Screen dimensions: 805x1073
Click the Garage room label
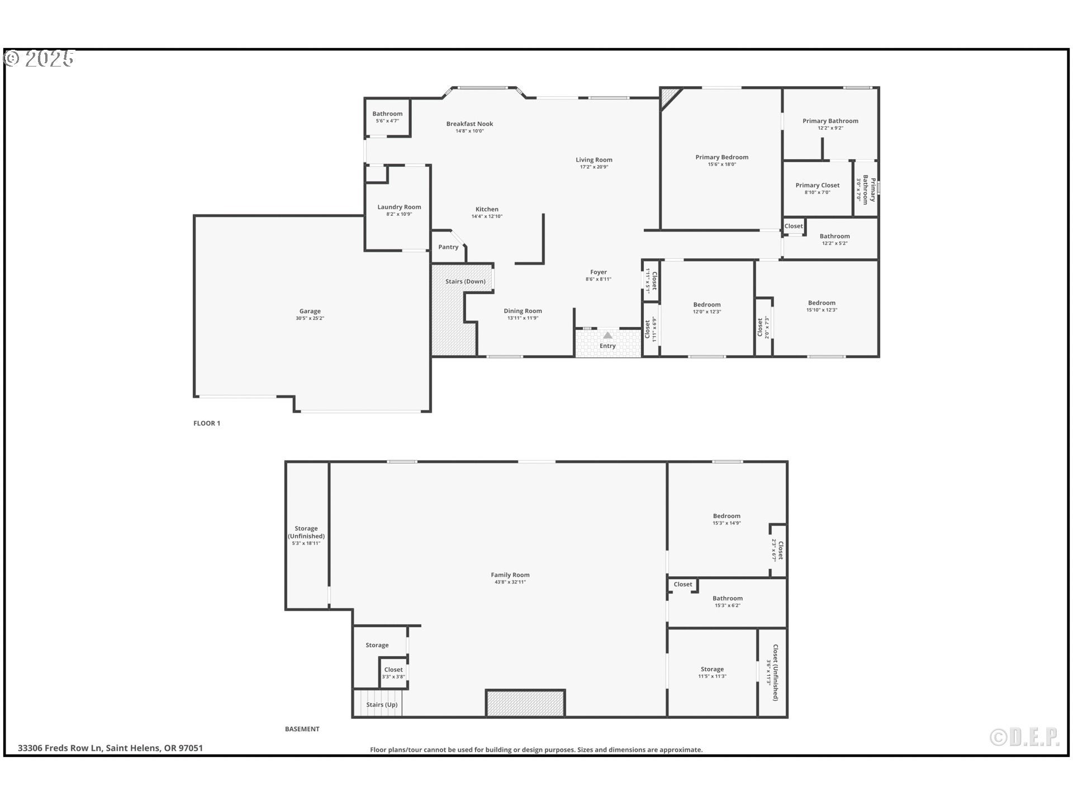point(310,311)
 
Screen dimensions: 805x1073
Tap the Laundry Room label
point(399,207)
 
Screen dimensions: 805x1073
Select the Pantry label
point(448,247)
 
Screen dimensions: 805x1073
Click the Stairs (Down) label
point(465,281)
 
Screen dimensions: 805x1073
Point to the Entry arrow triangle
point(607,335)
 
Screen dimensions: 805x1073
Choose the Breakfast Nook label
point(469,124)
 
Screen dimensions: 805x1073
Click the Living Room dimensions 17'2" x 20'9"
point(594,167)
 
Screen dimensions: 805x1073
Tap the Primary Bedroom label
point(721,157)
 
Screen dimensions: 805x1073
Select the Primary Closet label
point(818,185)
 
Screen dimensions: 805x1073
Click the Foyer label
point(599,272)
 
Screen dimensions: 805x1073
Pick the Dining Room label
point(523,311)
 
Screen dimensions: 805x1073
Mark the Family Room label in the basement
point(510,575)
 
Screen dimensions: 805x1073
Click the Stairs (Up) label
point(382,704)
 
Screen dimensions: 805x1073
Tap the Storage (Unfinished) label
point(306,532)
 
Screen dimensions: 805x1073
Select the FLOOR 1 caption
point(207,423)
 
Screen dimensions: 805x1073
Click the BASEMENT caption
point(302,729)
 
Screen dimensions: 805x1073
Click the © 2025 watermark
point(39,59)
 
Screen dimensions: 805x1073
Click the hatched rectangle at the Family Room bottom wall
point(525,703)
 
